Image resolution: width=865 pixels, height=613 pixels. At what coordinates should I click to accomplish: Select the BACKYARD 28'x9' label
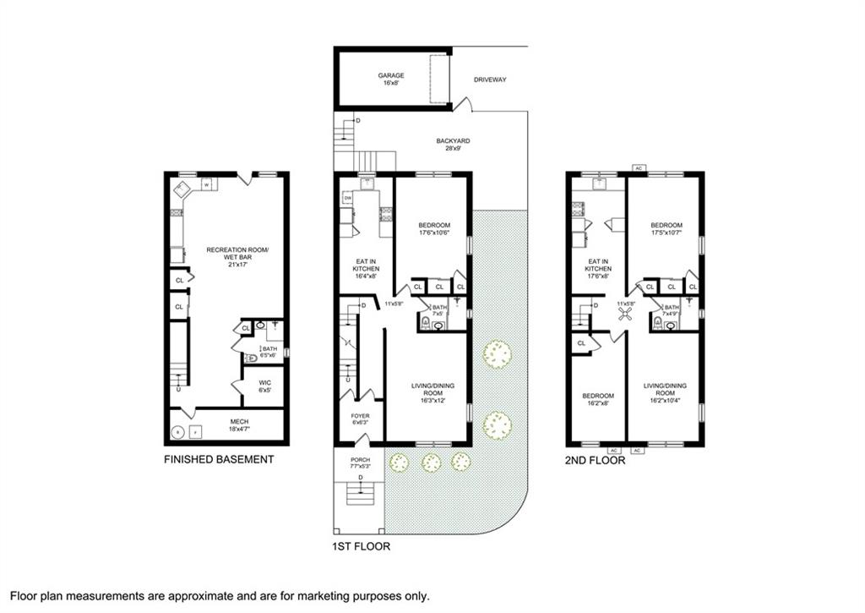pyautogui.click(x=453, y=144)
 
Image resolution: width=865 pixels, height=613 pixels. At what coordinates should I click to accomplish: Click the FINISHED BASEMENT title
pyautogui.click(x=220, y=459)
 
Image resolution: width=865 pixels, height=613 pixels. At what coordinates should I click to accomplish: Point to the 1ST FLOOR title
pyautogui.click(x=361, y=546)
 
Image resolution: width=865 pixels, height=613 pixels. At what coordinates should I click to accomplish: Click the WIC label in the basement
pyautogui.click(x=264, y=386)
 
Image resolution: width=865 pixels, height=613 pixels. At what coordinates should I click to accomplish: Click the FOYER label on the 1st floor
pyautogui.click(x=361, y=419)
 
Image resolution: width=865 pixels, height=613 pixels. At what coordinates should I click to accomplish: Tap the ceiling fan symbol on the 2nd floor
pyautogui.click(x=625, y=315)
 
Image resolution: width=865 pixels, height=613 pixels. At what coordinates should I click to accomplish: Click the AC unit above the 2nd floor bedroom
pyautogui.click(x=639, y=168)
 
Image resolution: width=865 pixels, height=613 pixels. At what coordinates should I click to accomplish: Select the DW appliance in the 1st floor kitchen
pyautogui.click(x=347, y=198)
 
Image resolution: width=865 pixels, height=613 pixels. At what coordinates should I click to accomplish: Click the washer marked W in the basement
pyautogui.click(x=205, y=184)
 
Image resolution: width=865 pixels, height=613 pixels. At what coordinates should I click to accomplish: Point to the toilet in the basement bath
pyautogui.click(x=250, y=358)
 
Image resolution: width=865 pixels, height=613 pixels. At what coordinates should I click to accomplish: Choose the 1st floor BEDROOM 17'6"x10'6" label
pyautogui.click(x=433, y=229)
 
